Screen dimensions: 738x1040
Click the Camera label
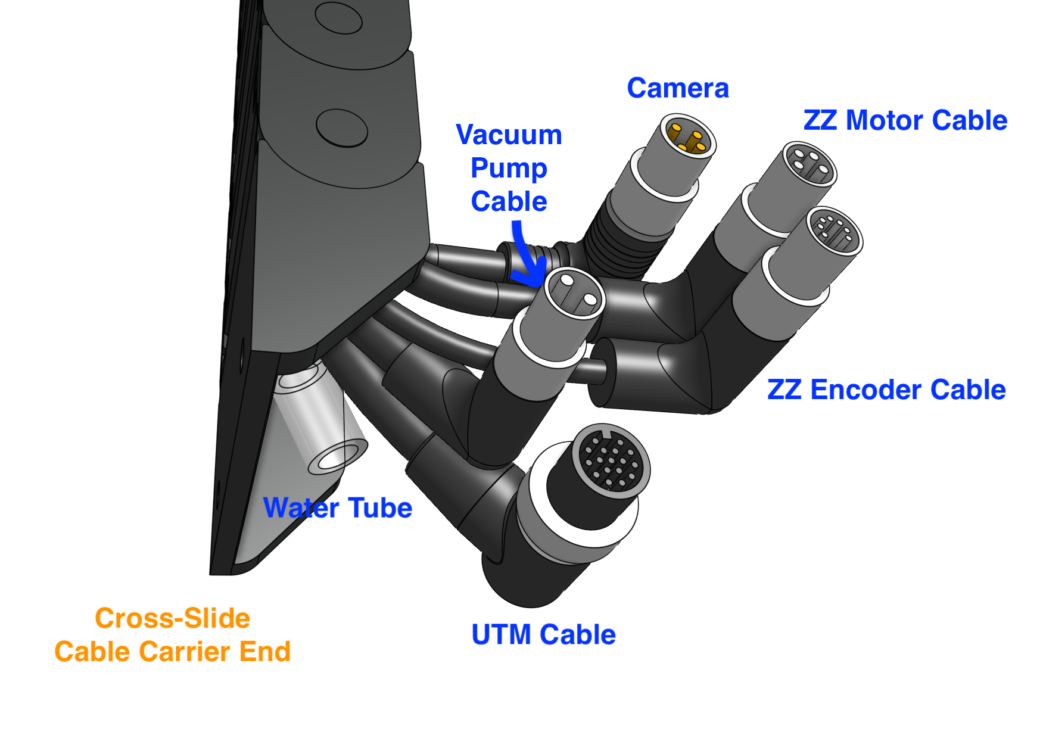click(x=677, y=89)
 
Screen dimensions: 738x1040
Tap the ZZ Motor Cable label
click(x=905, y=120)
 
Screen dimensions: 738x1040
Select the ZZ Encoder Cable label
click(x=886, y=390)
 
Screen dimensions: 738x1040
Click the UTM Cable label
click(x=543, y=635)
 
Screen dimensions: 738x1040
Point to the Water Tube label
click(x=338, y=508)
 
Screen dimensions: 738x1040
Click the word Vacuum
click(x=509, y=135)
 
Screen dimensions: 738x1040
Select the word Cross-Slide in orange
click(x=173, y=618)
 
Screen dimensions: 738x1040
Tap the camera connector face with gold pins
click(x=689, y=136)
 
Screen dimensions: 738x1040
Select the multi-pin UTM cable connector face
click(x=611, y=459)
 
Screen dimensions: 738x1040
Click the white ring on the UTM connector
click(x=572, y=524)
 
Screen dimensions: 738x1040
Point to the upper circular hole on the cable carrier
click(x=338, y=18)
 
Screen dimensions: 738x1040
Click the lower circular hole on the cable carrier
click(x=341, y=127)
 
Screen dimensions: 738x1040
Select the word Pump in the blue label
click(x=509, y=169)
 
